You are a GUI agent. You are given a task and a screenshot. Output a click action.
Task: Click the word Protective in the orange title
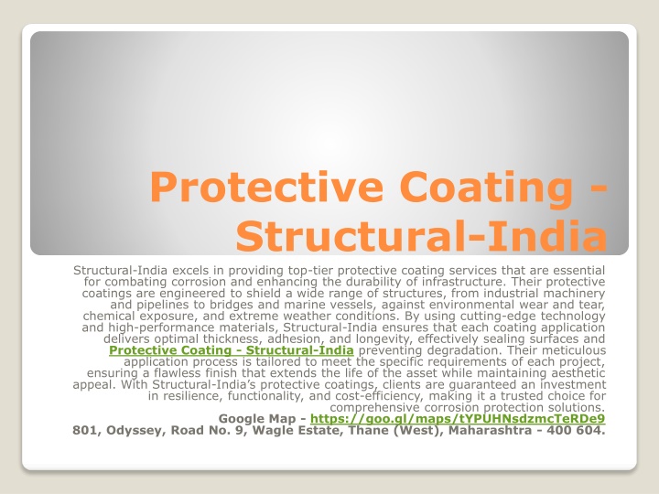tap(266, 186)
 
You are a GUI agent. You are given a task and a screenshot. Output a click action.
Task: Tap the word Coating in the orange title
tap(485, 188)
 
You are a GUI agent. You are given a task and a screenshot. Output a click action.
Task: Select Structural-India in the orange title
tap(421, 235)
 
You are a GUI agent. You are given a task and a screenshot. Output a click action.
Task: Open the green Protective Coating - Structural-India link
tap(232, 350)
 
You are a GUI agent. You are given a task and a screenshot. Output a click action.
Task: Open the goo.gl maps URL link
tap(458, 419)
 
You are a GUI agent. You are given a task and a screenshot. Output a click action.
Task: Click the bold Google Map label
tap(257, 419)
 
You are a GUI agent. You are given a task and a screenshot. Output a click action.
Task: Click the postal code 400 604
tap(577, 430)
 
